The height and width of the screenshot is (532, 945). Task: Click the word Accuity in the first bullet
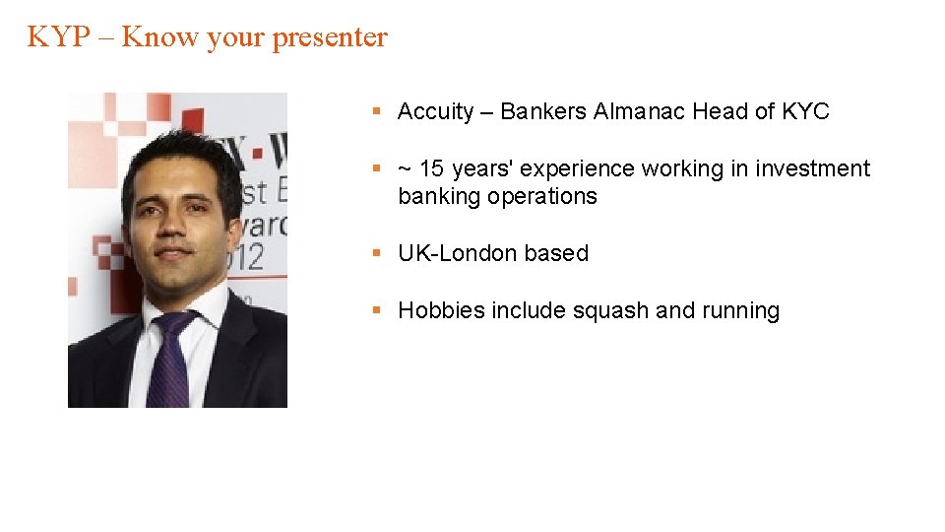coord(435,112)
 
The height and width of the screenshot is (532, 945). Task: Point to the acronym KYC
coord(805,112)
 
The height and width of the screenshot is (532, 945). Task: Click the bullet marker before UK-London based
coord(376,253)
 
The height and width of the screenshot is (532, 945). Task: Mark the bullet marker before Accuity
coord(376,112)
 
